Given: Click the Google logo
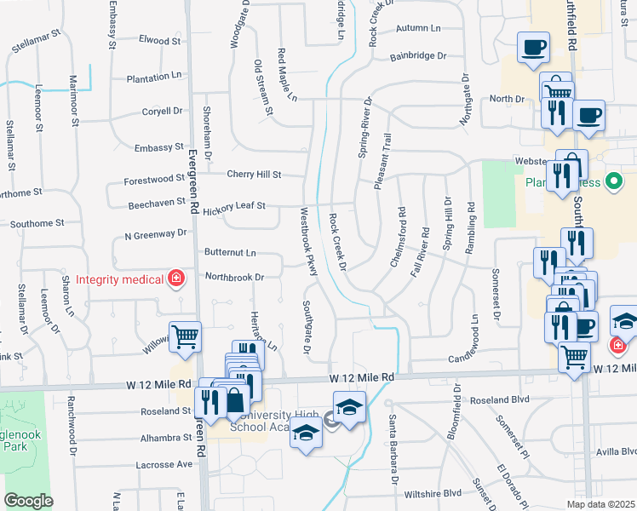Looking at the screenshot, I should [28, 501].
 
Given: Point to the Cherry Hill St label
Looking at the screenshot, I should [254, 175].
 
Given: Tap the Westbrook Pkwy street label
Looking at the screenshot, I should [308, 241].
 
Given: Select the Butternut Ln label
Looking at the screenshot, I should [230, 253].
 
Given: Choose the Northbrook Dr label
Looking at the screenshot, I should [235, 277].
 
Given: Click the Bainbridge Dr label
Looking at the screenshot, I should [418, 56].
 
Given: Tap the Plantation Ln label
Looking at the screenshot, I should [154, 77].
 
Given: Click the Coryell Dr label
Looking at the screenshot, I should [163, 111].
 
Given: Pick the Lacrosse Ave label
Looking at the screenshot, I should [164, 465].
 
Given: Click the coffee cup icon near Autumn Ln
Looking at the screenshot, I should [533, 47].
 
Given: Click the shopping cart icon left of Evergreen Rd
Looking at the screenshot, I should [185, 335].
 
